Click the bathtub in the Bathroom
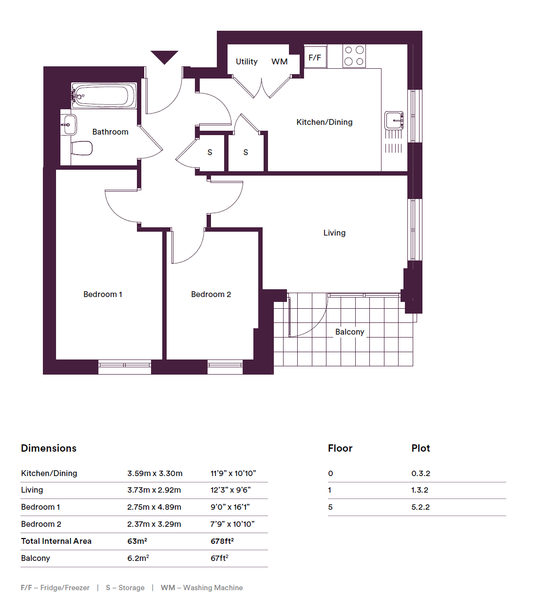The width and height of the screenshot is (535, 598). [104, 95]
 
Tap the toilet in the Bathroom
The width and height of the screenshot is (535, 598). [82, 148]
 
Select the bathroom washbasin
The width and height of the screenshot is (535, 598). [69, 125]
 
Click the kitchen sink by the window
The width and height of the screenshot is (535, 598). [394, 120]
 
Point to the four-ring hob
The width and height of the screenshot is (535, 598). [354, 56]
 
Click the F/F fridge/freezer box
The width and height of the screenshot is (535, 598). [315, 57]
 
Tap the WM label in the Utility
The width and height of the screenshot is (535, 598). [279, 61]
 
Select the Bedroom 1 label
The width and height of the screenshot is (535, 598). [103, 294]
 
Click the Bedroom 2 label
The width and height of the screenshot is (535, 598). [211, 294]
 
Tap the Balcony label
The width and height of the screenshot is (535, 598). [349, 332]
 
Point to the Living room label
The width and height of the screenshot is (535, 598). [334, 233]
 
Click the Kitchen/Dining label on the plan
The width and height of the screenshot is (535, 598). [325, 122]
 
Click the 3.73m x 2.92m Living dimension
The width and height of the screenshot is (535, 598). [154, 490]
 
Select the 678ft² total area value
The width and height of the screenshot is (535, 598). [222, 541]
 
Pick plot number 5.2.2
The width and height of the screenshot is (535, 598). [420, 507]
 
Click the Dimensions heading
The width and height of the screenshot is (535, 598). [49, 448]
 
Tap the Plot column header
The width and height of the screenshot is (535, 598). [420, 448]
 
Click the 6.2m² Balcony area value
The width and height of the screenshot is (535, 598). [138, 558]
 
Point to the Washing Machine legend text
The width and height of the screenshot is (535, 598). [213, 588]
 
